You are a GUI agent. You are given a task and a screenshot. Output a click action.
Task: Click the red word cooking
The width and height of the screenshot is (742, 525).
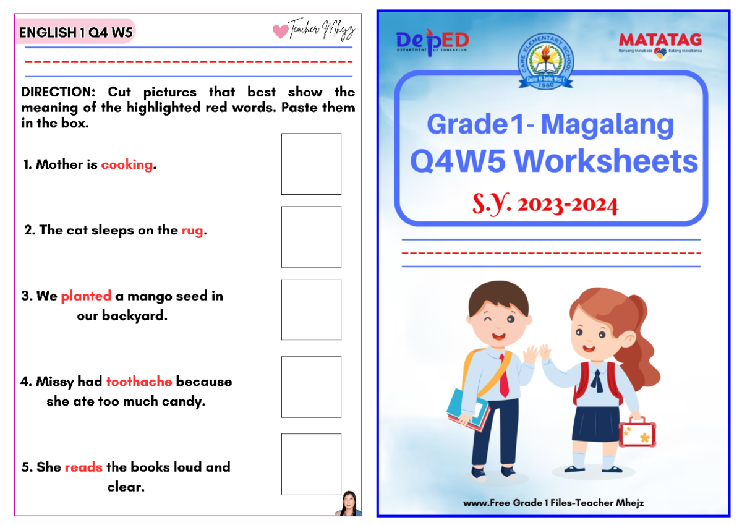point(127,165)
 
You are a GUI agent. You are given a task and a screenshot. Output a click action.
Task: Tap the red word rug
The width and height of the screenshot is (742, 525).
point(192,231)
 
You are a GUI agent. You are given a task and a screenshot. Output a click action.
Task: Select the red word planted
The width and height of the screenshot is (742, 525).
point(86,296)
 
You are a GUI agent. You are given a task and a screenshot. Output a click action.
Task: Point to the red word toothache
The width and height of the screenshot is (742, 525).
point(139,382)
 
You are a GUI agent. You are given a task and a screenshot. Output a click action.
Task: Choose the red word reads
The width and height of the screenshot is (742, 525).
point(83,467)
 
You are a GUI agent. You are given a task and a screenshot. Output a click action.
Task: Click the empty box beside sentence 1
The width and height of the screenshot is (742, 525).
point(311,164)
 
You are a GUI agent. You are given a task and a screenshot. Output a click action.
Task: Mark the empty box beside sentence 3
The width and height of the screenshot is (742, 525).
point(311,309)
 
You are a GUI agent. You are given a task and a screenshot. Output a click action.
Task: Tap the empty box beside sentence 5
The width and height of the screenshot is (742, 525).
point(311,464)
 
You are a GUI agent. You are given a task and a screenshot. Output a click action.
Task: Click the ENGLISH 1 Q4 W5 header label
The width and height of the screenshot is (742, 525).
point(75,33)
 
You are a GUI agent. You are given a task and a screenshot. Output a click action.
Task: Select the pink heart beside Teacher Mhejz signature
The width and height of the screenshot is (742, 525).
point(280,31)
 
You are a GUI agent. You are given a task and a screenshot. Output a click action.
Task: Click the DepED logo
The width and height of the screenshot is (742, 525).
point(432,42)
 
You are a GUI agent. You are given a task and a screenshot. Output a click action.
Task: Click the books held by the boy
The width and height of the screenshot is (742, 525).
point(467,411)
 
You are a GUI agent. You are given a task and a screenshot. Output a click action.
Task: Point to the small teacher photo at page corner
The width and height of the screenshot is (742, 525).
point(348,504)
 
